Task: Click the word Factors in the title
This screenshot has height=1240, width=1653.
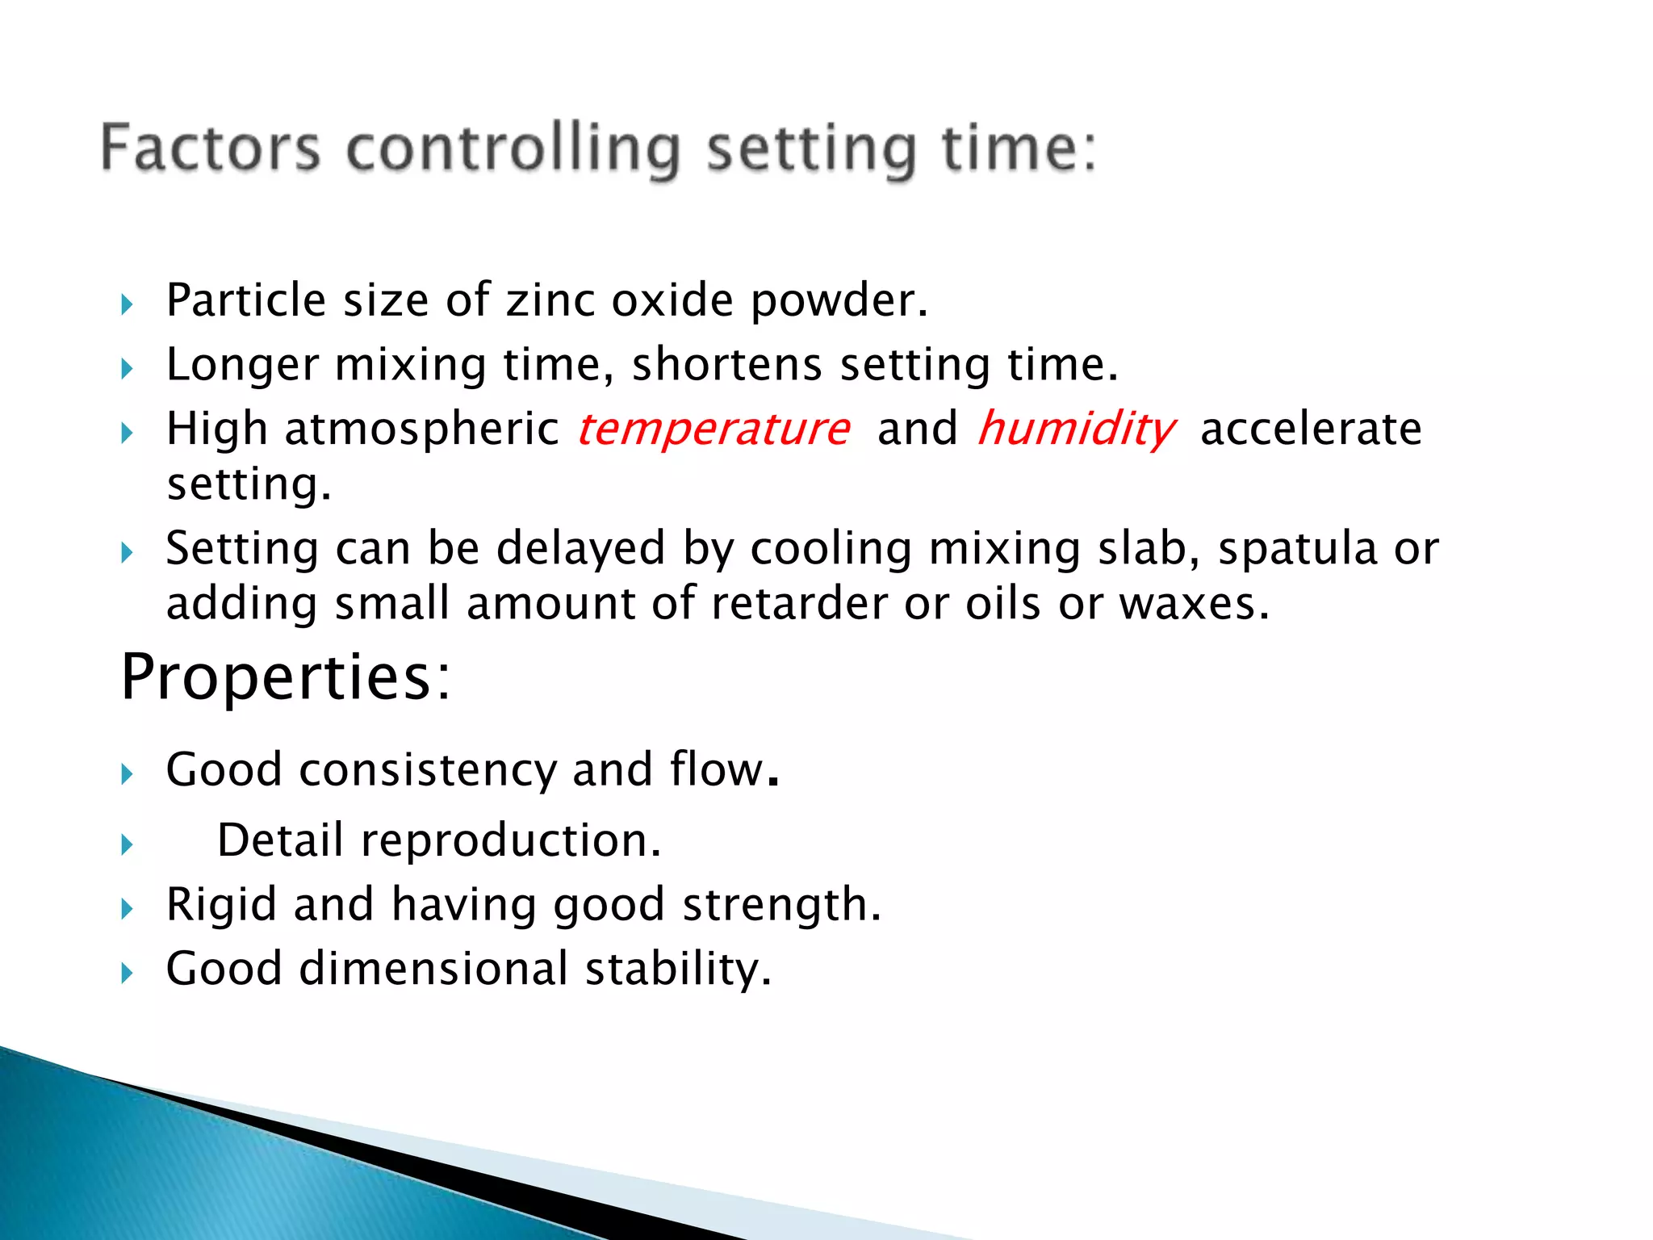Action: point(211,148)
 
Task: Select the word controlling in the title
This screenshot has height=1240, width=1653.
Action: point(514,149)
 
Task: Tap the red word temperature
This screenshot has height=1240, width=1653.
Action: point(714,429)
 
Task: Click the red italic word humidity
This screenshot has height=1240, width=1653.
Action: point(1076,429)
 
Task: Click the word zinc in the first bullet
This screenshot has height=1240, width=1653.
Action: point(550,300)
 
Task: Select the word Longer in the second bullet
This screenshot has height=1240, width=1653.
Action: point(242,365)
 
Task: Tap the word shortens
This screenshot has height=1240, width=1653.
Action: point(726,364)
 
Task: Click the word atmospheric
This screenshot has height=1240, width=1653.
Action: point(421,429)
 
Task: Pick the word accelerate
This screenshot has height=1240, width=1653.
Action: point(1310,429)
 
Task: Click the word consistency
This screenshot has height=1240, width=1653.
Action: point(428,769)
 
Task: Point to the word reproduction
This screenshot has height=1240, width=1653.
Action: point(509,840)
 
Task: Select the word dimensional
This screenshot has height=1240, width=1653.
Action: point(433,969)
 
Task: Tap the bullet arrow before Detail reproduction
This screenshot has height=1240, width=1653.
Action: point(127,845)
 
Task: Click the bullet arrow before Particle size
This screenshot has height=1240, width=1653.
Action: point(127,305)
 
